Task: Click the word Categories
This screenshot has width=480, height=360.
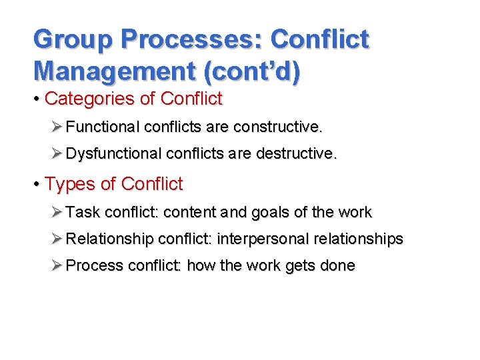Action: pyautogui.click(x=89, y=99)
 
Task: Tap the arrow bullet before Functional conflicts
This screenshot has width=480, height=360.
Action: pyautogui.click(x=57, y=127)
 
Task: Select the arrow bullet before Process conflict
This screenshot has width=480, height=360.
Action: pyautogui.click(x=57, y=265)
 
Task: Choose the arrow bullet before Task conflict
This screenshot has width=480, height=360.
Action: pyautogui.click(x=57, y=213)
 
